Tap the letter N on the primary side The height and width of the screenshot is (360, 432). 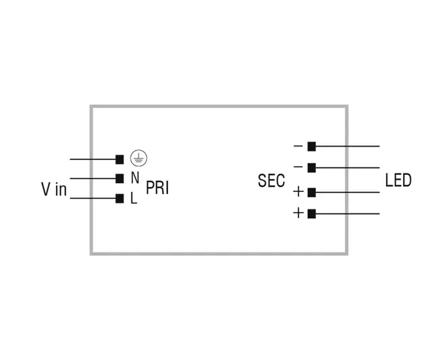click(134, 178)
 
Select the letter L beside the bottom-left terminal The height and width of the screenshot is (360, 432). click(134, 199)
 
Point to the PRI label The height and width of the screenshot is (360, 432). click(157, 188)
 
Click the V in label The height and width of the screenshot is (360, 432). click(54, 189)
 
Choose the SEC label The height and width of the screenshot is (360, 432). click(271, 181)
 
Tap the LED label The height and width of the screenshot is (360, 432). click(398, 180)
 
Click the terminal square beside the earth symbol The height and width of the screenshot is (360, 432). click(119, 159)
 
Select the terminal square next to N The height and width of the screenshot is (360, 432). click(119, 178)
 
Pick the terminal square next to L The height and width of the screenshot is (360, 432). click(119, 198)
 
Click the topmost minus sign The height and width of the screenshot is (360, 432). click(298, 146)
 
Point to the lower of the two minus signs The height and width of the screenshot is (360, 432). click(298, 167)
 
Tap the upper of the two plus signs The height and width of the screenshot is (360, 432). click(298, 192)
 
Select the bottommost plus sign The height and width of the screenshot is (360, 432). click(298, 213)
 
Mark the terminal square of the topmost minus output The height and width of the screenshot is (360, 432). click(311, 146)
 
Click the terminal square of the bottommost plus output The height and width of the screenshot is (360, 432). click(311, 213)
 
